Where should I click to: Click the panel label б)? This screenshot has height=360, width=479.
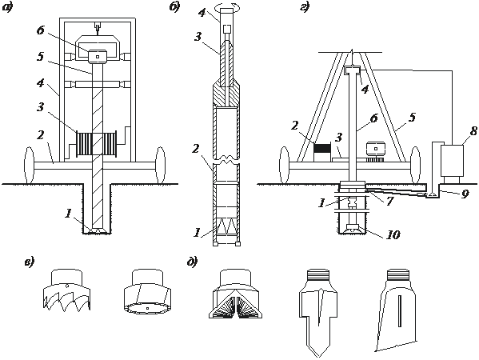(175, 7)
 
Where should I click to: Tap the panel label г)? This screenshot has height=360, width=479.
(305, 7)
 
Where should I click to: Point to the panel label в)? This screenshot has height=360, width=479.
(30, 262)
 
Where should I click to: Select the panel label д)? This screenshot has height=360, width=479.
(193, 262)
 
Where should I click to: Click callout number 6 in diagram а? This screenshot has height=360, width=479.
(41, 30)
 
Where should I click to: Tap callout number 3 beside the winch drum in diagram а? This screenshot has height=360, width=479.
(41, 107)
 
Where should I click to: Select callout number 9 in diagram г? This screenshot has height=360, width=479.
(465, 194)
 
